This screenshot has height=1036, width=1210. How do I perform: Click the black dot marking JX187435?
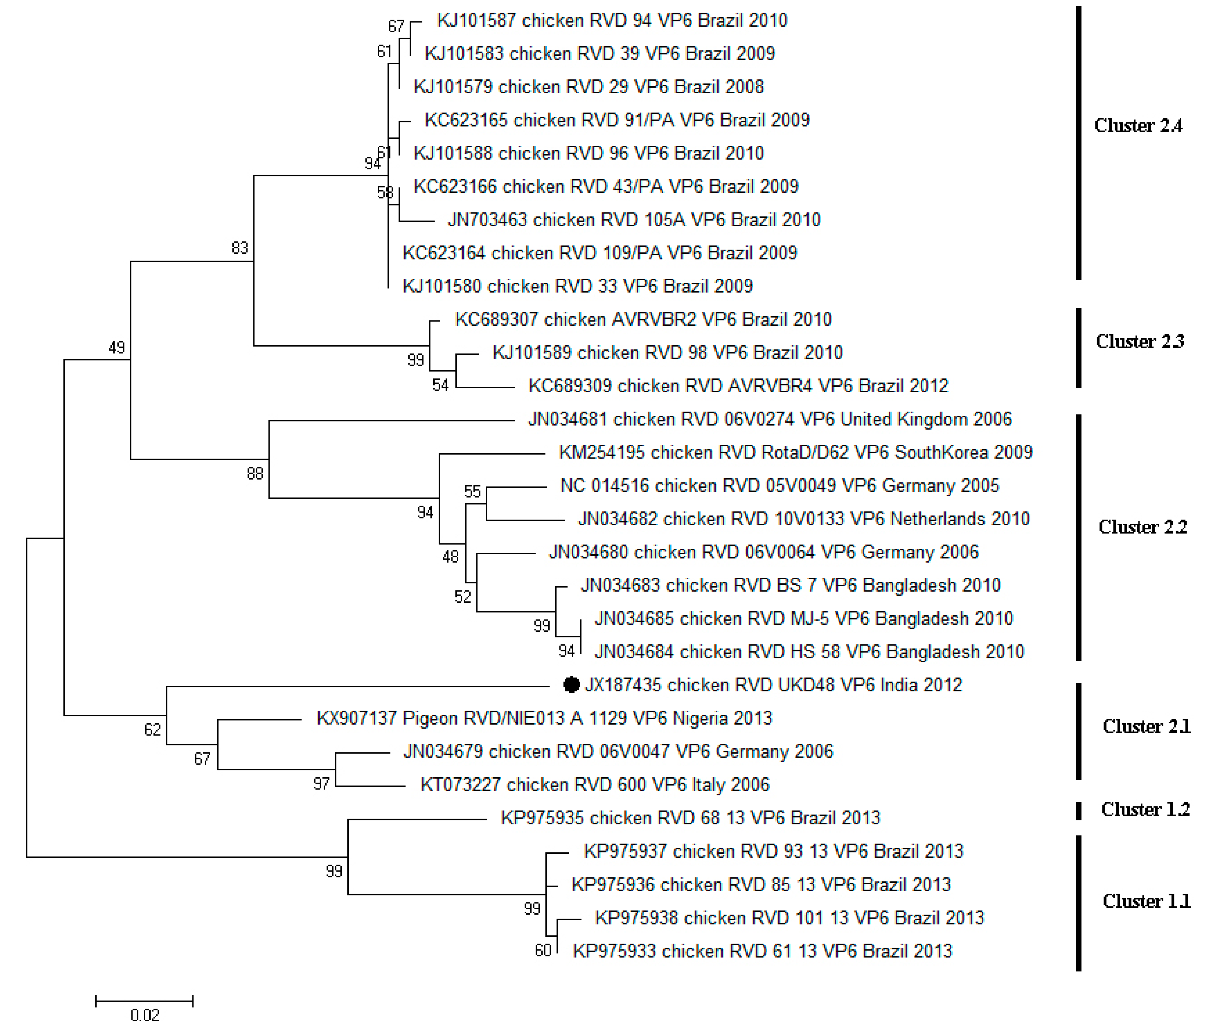(x=571, y=684)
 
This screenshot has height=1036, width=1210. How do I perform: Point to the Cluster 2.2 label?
(x=1142, y=527)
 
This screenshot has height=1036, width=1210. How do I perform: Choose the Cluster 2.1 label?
(x=1146, y=726)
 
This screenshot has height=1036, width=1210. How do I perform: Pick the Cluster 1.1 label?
(x=1146, y=901)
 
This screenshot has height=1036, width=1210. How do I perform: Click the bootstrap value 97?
(x=321, y=784)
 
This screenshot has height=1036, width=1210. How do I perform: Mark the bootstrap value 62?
(x=152, y=729)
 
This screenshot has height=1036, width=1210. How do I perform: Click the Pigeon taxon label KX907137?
(x=544, y=718)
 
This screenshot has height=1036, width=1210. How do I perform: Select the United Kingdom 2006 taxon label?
(x=770, y=419)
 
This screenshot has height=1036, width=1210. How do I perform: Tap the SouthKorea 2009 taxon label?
(x=795, y=452)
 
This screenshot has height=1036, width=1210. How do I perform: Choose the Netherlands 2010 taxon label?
(x=803, y=519)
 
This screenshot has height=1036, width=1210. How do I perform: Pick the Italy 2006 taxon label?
(x=594, y=784)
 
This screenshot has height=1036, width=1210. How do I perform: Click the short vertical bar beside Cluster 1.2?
(x=1079, y=811)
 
